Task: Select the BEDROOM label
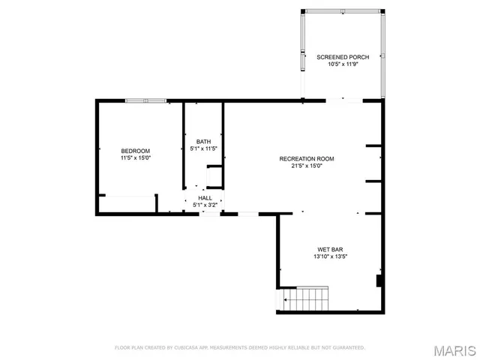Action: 136,151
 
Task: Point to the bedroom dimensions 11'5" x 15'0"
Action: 136,158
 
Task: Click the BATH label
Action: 204,142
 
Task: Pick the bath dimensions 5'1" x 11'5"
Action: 204,149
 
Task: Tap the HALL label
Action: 205,198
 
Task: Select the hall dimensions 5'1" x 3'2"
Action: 205,205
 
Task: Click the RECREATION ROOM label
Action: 306,159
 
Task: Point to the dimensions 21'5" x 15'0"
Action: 306,166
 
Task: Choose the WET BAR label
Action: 330,249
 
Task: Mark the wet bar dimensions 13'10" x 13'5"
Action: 330,256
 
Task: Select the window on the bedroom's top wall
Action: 145,100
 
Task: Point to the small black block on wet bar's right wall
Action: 379,281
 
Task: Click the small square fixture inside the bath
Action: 214,177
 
